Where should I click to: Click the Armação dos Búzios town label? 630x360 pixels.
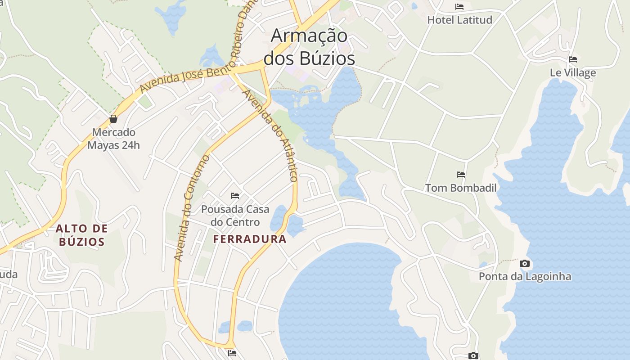[309, 47]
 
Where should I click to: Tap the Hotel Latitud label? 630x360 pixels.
[459, 20]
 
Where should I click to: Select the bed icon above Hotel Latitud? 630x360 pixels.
[459, 7]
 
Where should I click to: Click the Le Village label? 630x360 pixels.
[573, 73]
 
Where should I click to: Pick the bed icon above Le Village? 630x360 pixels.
[573, 59]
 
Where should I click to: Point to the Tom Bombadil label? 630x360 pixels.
[461, 188]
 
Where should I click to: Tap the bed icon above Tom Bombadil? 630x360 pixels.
[461, 175]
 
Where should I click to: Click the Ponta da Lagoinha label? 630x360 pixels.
[525, 276]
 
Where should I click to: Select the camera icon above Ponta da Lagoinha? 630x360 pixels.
[525, 264]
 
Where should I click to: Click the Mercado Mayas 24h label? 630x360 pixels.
[113, 139]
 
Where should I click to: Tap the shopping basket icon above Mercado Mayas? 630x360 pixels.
[113, 119]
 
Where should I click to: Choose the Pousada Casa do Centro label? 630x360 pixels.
[235, 216]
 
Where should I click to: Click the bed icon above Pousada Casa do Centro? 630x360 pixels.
[235, 196]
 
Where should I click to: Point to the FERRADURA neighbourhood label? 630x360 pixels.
[250, 239]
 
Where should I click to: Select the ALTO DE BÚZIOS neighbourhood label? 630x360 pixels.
[81, 235]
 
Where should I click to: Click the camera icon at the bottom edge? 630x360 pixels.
[473, 356]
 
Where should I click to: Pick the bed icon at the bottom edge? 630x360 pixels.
[232, 353]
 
